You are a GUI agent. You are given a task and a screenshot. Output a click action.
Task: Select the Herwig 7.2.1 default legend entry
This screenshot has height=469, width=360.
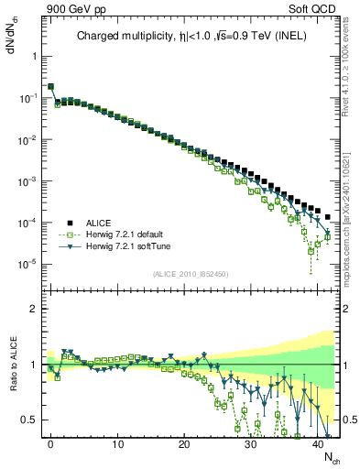126,234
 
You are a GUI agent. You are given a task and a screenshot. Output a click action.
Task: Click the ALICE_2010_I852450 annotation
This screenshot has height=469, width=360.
191,274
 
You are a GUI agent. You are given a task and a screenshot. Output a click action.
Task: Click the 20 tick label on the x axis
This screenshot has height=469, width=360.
184,444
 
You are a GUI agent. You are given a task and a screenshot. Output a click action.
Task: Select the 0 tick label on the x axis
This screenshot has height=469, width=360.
50,444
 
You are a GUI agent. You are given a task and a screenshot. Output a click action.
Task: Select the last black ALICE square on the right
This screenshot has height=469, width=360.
328,217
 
